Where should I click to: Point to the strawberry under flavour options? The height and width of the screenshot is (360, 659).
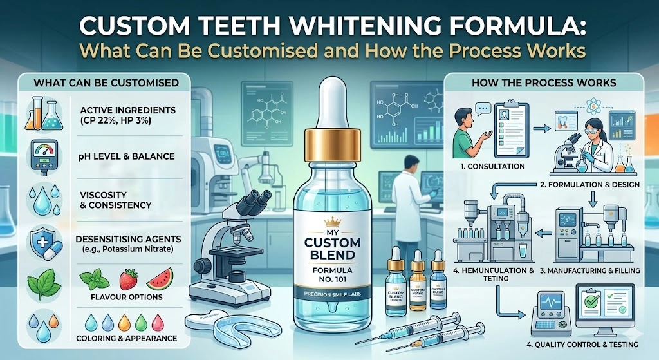pos(127,280)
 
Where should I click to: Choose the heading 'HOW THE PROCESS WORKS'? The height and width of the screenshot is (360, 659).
pos(543,84)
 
